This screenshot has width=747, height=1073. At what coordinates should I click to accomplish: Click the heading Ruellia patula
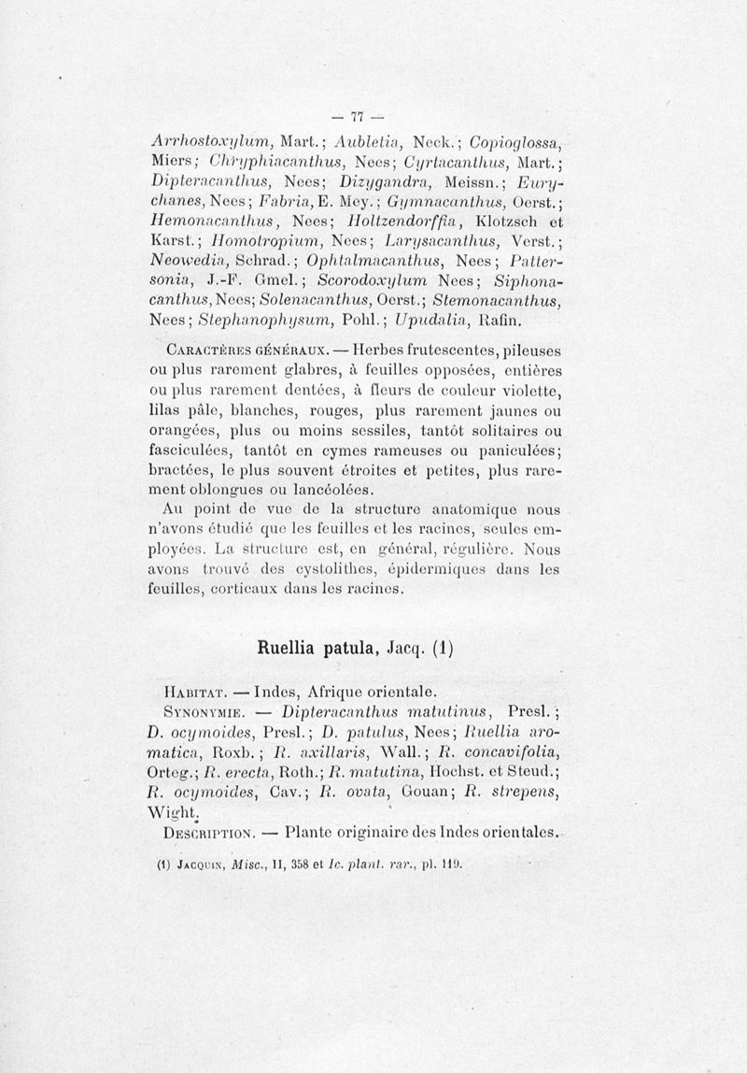(320, 648)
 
